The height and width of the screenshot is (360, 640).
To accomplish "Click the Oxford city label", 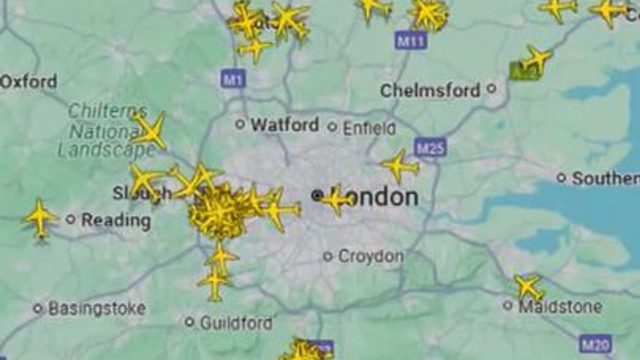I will (x=29, y=82).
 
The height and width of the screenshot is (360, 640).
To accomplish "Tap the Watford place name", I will (x=285, y=125).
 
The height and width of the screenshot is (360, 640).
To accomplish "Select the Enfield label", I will (x=369, y=128).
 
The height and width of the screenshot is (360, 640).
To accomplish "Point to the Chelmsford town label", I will (x=430, y=90).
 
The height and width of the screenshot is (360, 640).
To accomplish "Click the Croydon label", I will (x=371, y=256).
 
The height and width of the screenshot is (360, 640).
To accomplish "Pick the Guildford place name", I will (x=236, y=322).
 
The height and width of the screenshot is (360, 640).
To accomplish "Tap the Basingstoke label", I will (x=97, y=308).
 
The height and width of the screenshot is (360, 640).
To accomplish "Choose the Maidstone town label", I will (x=560, y=307).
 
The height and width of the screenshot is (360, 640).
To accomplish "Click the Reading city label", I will (x=116, y=220).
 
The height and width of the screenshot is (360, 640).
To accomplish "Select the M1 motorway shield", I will (x=233, y=79).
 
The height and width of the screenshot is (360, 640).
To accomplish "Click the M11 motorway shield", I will (x=410, y=41).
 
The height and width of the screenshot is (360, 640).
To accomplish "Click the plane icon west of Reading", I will (x=40, y=218).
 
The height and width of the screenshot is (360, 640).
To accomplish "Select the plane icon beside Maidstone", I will (x=528, y=287).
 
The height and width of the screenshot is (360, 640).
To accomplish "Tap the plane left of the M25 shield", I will (x=398, y=165).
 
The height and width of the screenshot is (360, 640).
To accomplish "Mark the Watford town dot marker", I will (x=240, y=124).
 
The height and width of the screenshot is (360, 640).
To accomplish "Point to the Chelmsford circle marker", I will (x=492, y=88).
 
